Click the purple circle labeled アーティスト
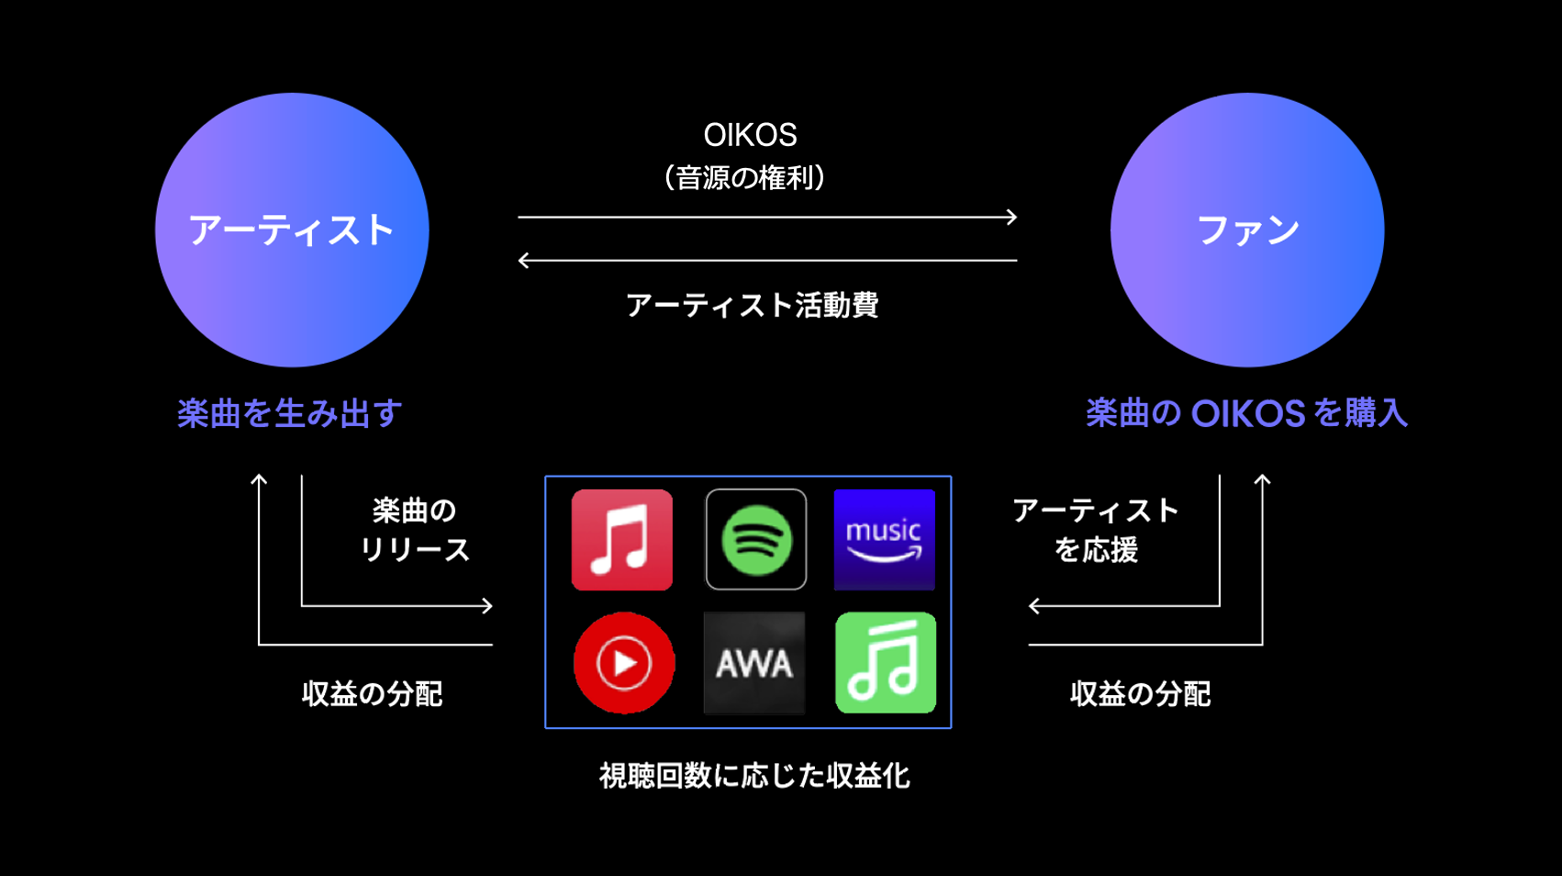292,230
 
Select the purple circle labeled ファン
1247,230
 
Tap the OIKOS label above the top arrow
750,135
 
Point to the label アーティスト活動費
752,305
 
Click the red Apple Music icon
622,540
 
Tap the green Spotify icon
755,540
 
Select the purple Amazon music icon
884,540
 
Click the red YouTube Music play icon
624,662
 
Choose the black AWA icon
754,662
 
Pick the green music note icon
886,662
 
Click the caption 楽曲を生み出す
290,413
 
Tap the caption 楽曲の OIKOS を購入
1246,413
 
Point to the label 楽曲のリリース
414,530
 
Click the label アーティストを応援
1096,530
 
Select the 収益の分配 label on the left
372,693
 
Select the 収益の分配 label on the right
1140,693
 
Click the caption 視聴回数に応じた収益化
754,776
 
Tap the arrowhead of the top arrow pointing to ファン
1012,217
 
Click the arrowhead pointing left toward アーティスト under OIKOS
523,261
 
